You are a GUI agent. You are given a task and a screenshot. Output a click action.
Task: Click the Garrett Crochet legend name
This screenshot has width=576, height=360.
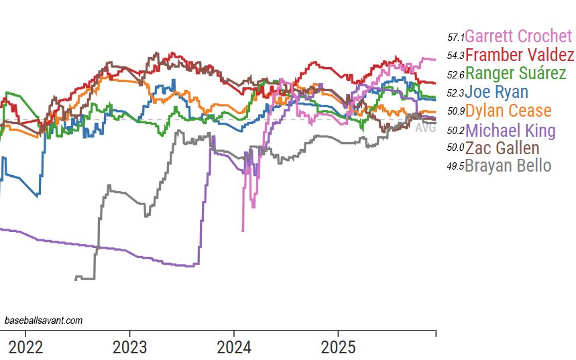click(x=518, y=36)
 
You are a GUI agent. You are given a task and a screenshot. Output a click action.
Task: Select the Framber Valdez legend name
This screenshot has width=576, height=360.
click(x=519, y=55)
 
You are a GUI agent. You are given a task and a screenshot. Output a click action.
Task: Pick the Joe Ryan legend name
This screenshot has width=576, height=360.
click(x=496, y=93)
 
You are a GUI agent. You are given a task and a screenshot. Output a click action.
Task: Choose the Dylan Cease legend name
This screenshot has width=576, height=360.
click(x=508, y=111)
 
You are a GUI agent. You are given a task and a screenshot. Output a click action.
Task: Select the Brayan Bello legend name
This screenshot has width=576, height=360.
click(x=508, y=166)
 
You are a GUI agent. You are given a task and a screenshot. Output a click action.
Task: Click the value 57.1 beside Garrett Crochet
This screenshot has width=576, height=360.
click(x=455, y=38)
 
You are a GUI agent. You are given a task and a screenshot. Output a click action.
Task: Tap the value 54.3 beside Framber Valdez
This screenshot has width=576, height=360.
click(x=455, y=56)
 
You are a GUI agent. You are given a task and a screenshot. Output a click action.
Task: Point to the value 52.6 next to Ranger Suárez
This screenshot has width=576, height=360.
click(x=455, y=75)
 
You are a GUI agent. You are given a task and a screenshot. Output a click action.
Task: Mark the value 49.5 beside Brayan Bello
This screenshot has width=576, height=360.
click(x=455, y=167)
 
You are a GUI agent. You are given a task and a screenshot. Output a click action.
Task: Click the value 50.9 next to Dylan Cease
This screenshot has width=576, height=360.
click(x=455, y=112)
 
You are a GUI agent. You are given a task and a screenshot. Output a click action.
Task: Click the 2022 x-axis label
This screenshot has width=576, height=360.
click(x=25, y=347)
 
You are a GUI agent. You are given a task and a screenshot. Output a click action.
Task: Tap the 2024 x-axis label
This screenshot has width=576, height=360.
click(x=233, y=347)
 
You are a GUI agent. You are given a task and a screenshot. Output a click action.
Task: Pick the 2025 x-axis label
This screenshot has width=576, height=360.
click(x=338, y=347)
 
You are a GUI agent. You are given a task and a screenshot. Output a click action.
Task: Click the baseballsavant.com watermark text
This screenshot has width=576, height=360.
click(x=44, y=320)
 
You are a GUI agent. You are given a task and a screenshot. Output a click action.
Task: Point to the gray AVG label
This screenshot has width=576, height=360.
click(x=425, y=128)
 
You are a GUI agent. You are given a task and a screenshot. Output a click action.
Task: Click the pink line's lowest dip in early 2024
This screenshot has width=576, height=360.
click(x=242, y=231)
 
